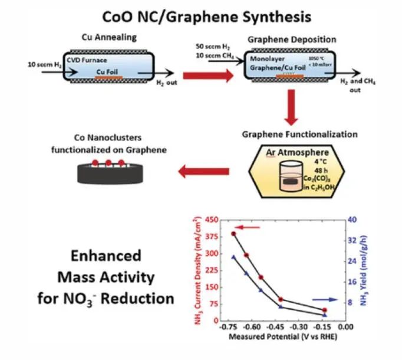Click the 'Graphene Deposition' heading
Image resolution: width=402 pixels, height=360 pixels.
click(x=292, y=40)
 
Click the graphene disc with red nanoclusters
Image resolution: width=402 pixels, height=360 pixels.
click(x=108, y=170)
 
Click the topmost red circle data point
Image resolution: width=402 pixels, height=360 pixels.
click(x=233, y=234)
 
